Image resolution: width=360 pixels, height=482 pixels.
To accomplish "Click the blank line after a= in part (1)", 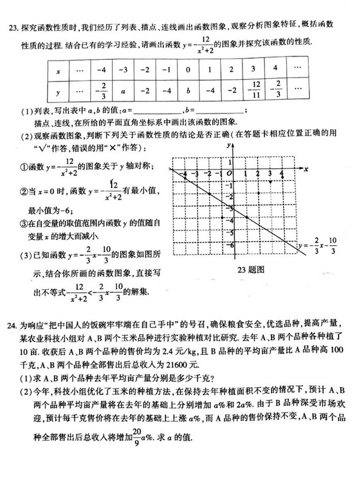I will pyautogui.click(x=158, y=111).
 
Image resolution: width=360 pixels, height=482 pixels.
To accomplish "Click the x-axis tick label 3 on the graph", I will pyautogui.click(x=269, y=174).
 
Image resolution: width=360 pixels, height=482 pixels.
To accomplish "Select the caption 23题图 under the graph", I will pyautogui.click(x=251, y=270).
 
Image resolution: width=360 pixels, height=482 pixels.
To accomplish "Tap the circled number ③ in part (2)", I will pyautogui.click(x=24, y=223).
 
